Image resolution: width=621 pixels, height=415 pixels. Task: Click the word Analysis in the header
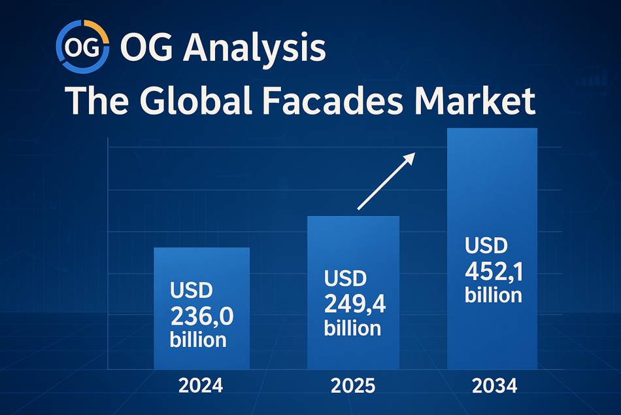click(254, 48)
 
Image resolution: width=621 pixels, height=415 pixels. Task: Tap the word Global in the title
click(195, 101)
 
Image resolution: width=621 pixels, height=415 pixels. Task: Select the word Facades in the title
click(333, 101)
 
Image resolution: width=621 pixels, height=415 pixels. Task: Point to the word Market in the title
click(475, 101)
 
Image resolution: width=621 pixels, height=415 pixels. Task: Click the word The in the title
click(97, 101)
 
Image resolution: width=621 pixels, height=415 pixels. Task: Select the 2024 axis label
click(201, 386)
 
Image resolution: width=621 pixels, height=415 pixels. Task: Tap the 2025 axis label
click(353, 386)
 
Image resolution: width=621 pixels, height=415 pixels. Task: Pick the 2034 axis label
click(495, 386)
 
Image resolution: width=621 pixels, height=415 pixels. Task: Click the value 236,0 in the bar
click(202, 316)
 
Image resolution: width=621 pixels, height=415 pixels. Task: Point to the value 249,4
click(355, 304)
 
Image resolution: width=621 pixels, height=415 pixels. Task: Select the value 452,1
click(494, 272)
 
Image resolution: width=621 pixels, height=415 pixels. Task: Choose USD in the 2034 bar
click(486, 245)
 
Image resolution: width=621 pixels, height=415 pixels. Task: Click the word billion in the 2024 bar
click(198, 340)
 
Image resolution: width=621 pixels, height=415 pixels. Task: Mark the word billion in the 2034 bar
click(494, 295)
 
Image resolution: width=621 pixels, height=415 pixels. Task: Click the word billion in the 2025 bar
click(352, 328)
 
